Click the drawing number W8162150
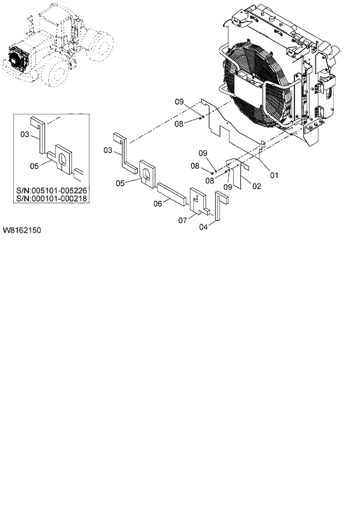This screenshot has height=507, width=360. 21,231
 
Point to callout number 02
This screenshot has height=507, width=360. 256,186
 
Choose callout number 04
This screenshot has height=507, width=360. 203,227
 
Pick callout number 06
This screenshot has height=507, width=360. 157,203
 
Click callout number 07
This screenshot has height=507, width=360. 182,220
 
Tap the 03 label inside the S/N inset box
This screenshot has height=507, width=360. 24,135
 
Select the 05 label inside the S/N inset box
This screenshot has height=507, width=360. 34,166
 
